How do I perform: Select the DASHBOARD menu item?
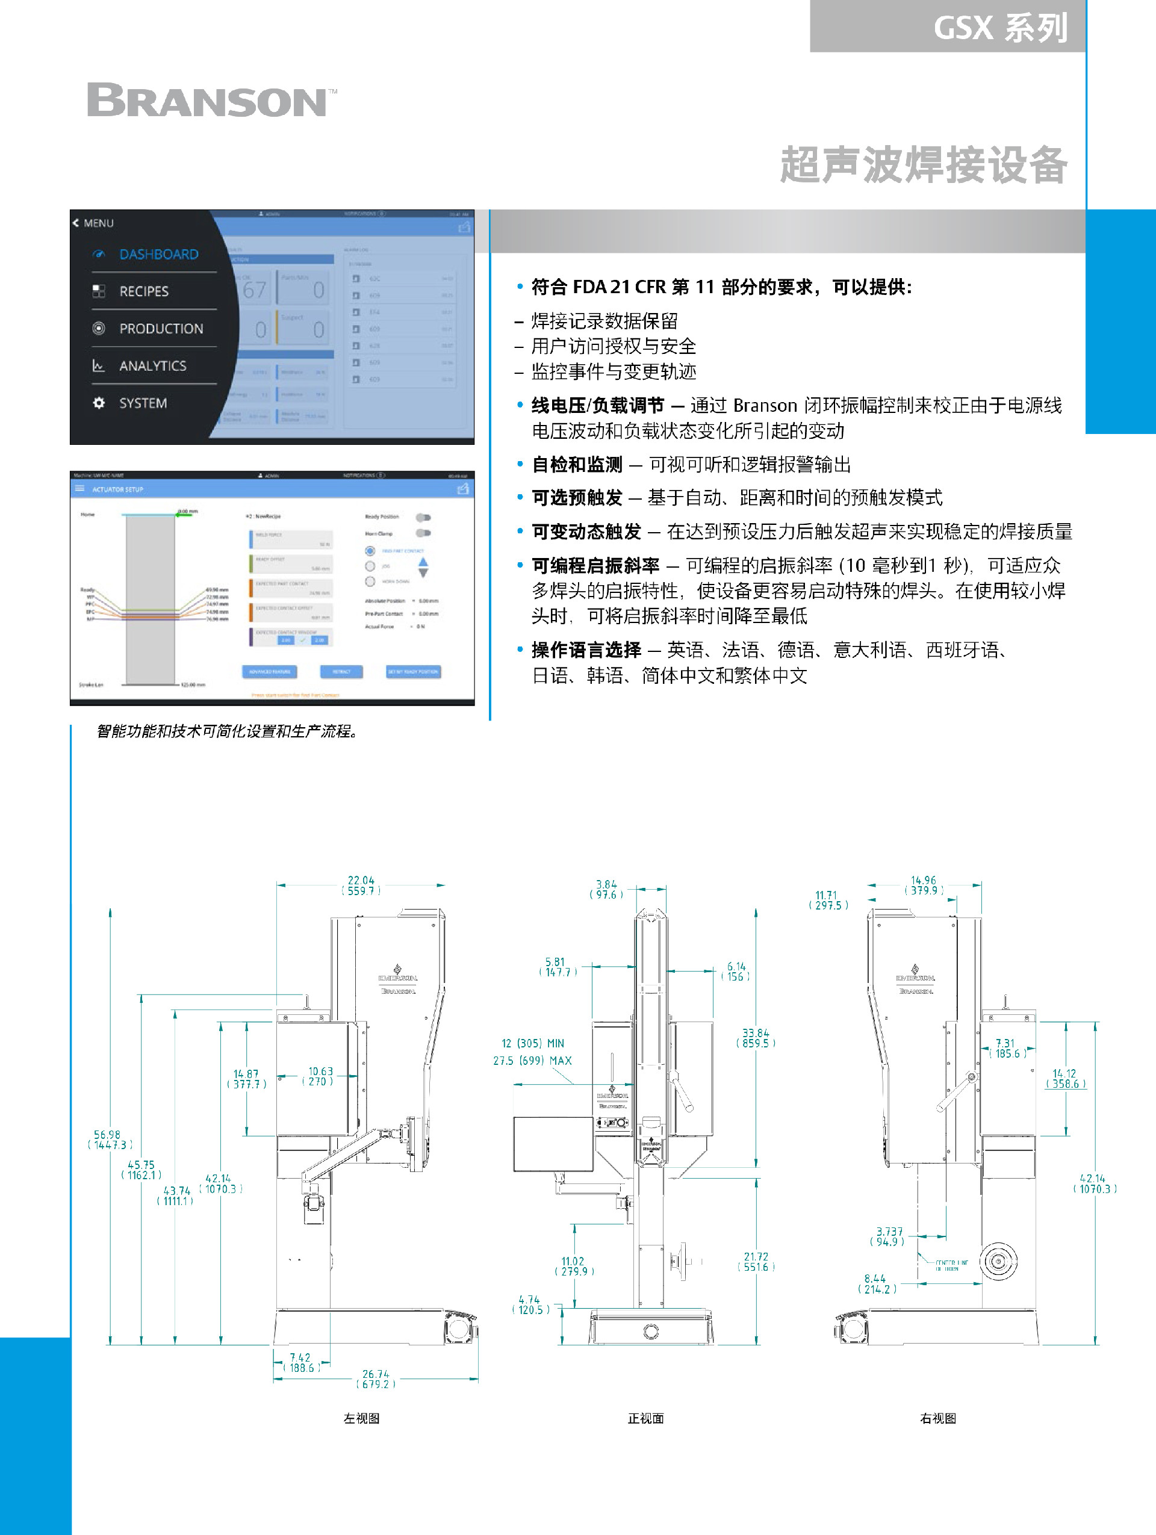coord(158,255)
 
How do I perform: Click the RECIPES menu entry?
coord(144,291)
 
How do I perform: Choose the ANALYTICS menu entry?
coord(153,366)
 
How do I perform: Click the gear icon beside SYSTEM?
coord(99,403)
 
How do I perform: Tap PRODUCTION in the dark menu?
coord(161,329)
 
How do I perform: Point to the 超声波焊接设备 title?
coord(924,165)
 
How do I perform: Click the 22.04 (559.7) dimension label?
coord(361,885)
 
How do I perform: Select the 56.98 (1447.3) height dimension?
coord(108,1140)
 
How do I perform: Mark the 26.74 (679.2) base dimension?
coord(375,1379)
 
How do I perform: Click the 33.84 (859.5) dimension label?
coord(756,1038)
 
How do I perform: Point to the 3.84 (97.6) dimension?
coord(606,890)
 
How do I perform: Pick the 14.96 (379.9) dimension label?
coord(924,885)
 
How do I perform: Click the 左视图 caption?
coord(361,1418)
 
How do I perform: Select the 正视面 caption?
coord(645,1418)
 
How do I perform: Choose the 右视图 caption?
coord(937,1418)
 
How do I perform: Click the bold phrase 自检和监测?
coord(577,464)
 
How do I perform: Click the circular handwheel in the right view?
coord(998,1262)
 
